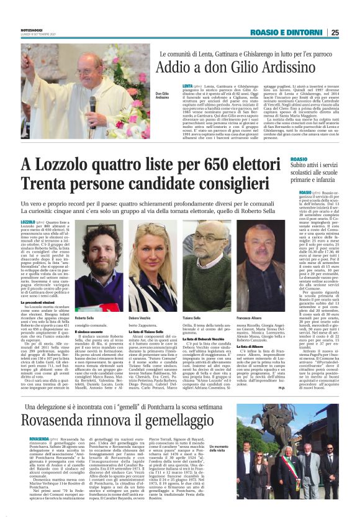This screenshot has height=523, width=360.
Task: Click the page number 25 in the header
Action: click(351, 32)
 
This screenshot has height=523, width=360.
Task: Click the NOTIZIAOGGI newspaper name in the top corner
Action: click(33, 30)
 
